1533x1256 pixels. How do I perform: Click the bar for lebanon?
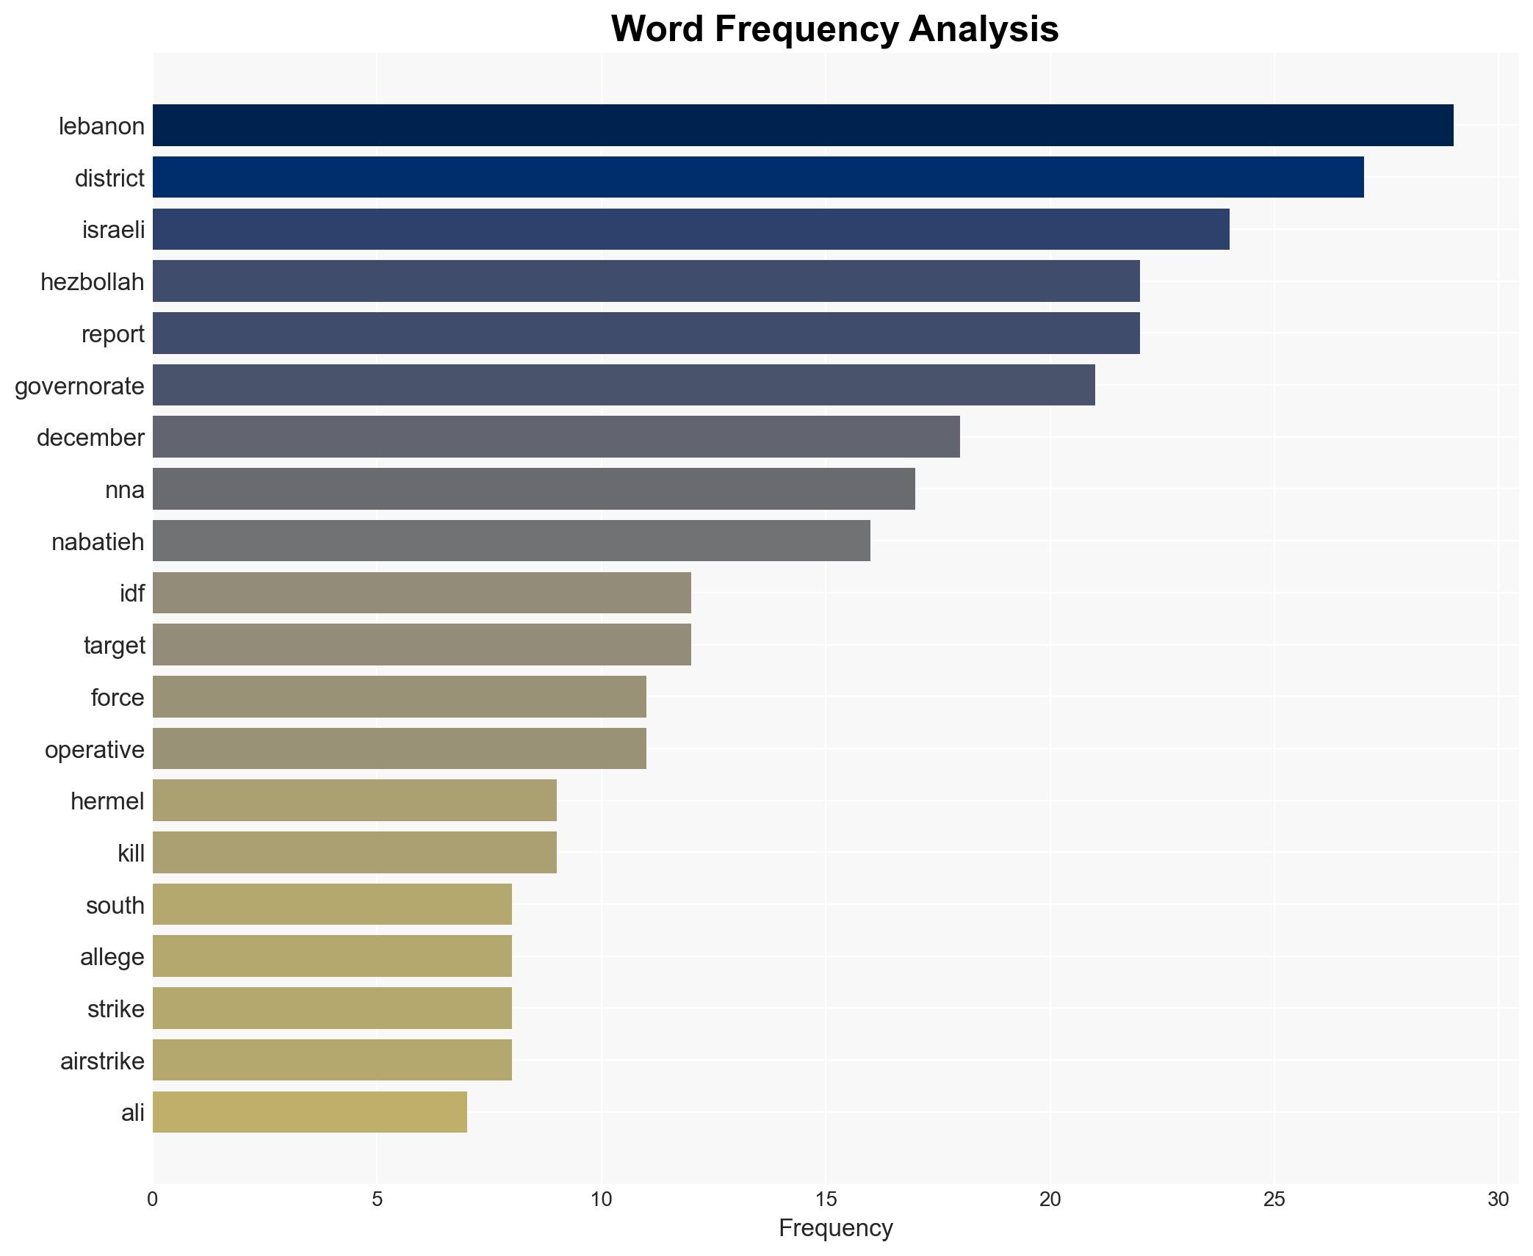tap(802, 126)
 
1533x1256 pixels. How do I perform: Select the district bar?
tap(757, 178)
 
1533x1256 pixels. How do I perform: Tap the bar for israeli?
tap(690, 229)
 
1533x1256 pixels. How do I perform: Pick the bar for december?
tap(556, 437)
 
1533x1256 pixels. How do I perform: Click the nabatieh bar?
tap(511, 541)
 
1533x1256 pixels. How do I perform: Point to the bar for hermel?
tap(354, 801)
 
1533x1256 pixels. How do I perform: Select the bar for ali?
tap(309, 1112)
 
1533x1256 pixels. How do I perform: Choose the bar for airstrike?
tap(332, 1060)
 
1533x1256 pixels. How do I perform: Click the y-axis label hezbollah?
tap(93, 282)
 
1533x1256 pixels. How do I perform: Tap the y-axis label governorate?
tap(79, 386)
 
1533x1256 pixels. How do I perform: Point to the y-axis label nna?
tap(125, 490)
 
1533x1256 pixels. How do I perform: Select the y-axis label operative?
tap(95, 750)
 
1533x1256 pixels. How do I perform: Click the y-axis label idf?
tap(132, 593)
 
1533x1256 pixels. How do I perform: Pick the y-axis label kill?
tap(131, 853)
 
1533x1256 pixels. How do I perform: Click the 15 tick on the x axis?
tap(826, 1199)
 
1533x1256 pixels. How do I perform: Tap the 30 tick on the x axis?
tap(1498, 1199)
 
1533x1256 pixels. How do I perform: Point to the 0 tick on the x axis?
tap(153, 1199)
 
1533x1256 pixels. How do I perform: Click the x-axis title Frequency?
tap(835, 1228)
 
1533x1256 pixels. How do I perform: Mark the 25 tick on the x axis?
tap(1274, 1199)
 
